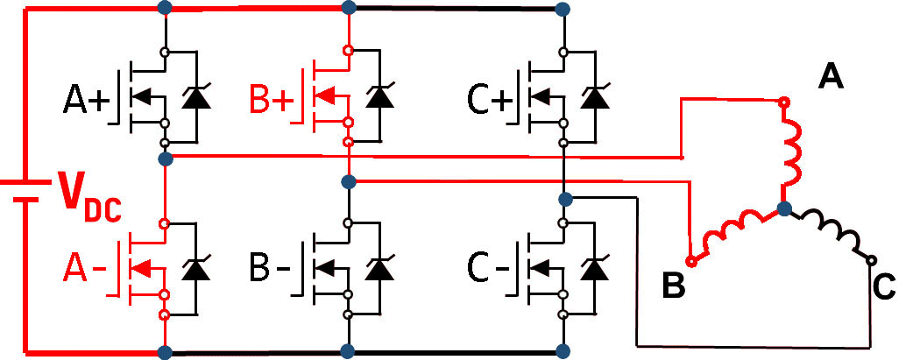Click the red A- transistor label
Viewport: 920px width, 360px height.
click(87, 271)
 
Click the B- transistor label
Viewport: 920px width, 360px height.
click(272, 271)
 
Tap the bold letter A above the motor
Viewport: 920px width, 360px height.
click(830, 78)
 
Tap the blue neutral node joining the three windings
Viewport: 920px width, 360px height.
click(785, 209)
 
